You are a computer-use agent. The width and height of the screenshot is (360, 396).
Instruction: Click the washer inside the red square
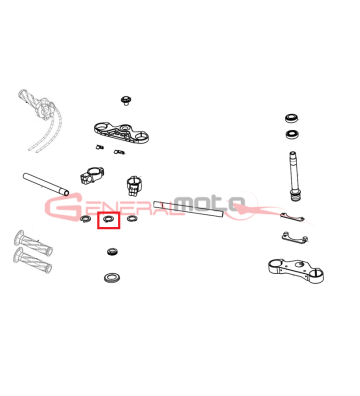(x=108, y=219)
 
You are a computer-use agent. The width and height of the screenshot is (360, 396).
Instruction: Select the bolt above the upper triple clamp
(x=126, y=100)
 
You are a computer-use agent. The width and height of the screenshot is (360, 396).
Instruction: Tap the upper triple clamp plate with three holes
(x=121, y=132)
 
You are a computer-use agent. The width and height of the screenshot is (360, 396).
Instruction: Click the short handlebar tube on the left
(x=46, y=184)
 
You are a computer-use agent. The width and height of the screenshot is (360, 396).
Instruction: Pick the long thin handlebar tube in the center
(x=188, y=209)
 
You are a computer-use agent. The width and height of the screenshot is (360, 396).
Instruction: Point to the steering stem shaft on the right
(x=293, y=176)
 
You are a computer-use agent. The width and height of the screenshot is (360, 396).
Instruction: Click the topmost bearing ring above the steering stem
(x=292, y=118)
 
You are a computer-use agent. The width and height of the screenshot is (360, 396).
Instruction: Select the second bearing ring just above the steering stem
(x=292, y=134)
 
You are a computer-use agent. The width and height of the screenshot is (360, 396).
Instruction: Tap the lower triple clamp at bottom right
(x=296, y=271)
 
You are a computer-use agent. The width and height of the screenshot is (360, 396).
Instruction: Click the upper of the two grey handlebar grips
(x=33, y=243)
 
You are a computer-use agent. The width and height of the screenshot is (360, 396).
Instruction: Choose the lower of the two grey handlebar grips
(x=32, y=260)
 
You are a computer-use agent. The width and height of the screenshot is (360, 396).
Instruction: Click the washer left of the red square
(x=86, y=219)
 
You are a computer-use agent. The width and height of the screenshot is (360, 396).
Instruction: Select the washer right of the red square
(x=132, y=219)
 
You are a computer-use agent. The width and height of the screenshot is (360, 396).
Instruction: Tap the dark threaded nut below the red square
(x=112, y=252)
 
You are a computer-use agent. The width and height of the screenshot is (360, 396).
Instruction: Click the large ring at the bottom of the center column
(x=112, y=277)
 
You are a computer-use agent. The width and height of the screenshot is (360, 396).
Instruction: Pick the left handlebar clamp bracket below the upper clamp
(x=92, y=175)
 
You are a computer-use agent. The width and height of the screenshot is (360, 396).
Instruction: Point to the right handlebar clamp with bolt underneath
(x=134, y=186)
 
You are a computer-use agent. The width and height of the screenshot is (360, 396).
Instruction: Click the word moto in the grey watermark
(x=210, y=203)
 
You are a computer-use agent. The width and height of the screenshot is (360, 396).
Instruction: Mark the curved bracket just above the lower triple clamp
(x=295, y=238)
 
